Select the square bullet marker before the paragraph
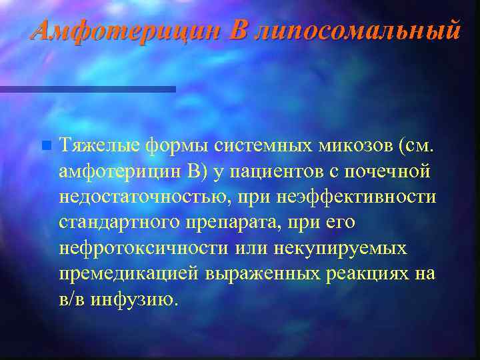tap(45, 145)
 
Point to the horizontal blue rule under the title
tap(87, 89)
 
